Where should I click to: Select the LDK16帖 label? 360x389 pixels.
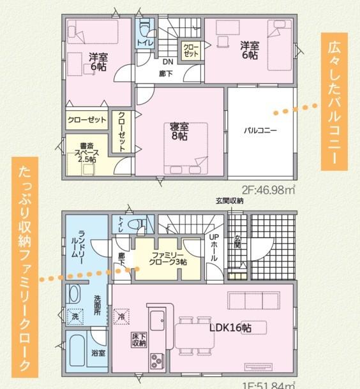(230, 327)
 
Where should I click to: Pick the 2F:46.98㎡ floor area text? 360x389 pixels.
(268, 189)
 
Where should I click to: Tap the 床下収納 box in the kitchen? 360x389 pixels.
(139, 339)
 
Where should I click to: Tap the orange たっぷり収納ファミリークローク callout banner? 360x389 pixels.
(25, 268)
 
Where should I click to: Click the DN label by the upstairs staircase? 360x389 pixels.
(168, 62)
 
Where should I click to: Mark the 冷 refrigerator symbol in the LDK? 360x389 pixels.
(121, 315)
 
